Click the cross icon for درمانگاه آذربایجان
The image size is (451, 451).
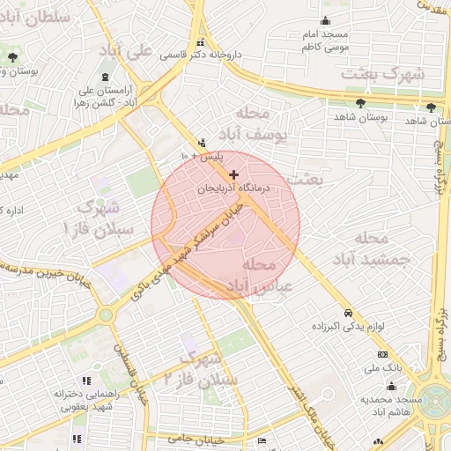(233, 175)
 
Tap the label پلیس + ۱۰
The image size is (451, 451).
(203, 156)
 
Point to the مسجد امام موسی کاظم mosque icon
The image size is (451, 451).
(326, 21)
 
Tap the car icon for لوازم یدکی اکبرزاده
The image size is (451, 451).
(349, 313)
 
